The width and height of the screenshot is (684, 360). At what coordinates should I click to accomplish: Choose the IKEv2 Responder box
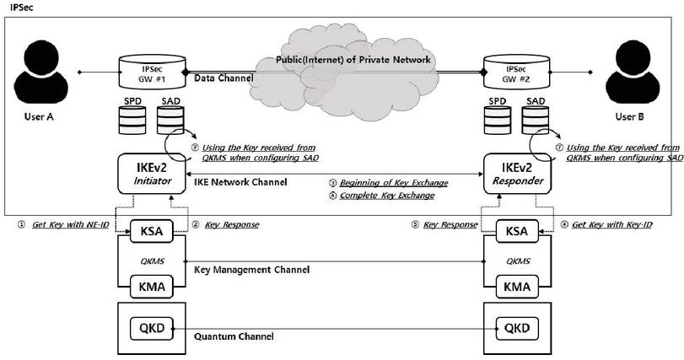click(515, 174)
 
